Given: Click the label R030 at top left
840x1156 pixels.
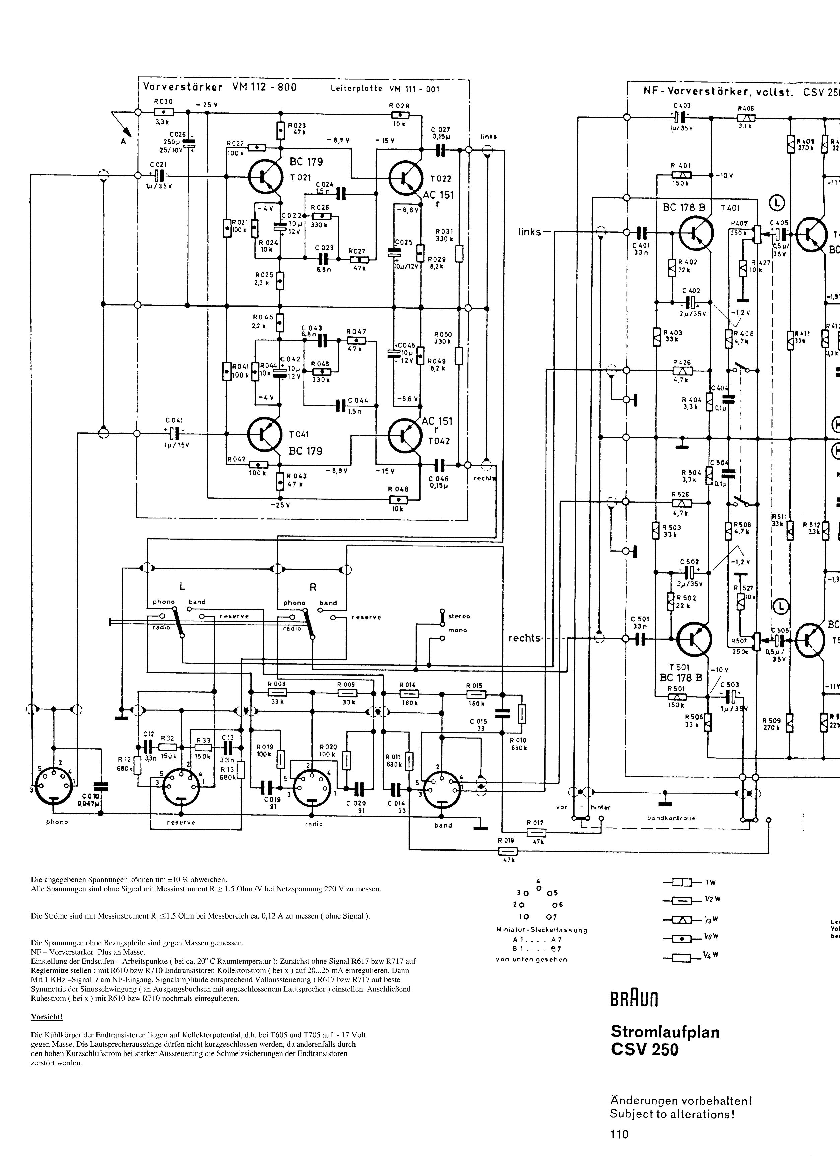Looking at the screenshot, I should [x=164, y=101].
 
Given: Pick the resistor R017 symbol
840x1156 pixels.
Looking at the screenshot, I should [x=536, y=833].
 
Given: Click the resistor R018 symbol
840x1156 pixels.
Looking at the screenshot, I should [x=507, y=851].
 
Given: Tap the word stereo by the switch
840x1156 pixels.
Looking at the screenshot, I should [x=459, y=616].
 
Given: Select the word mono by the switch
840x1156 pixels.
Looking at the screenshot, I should [x=457, y=630].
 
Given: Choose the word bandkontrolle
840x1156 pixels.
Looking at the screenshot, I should [x=671, y=818].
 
